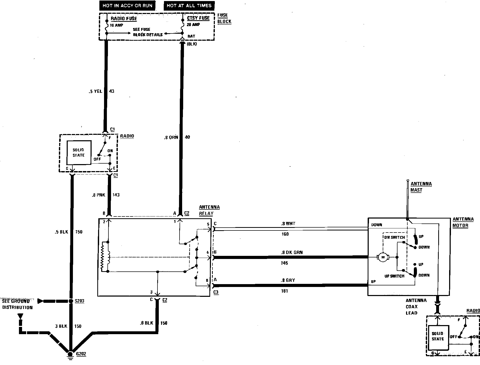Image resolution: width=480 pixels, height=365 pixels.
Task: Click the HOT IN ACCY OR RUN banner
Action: click(x=127, y=6)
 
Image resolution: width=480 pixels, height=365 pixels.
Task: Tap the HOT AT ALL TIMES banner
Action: click(x=189, y=6)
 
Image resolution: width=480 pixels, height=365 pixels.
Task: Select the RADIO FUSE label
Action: click(x=124, y=19)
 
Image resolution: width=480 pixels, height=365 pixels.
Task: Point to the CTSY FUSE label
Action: click(x=198, y=18)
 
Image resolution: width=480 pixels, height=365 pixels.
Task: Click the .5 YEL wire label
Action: click(x=95, y=91)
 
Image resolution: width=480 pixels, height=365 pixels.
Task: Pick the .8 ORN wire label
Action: click(x=171, y=137)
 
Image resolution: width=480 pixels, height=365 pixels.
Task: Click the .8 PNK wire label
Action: click(x=98, y=195)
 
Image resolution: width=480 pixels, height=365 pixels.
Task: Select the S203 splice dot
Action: click(x=71, y=301)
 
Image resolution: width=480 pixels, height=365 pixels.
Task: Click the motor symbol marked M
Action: click(x=383, y=257)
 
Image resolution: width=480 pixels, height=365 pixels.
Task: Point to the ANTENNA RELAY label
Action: click(x=209, y=210)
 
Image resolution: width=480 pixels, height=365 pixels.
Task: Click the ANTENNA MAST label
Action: click(x=421, y=187)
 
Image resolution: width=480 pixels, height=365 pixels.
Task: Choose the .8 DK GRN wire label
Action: click(x=292, y=252)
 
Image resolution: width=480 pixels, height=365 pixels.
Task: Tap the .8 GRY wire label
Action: click(x=288, y=280)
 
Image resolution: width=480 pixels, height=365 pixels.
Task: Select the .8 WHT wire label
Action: click(x=288, y=223)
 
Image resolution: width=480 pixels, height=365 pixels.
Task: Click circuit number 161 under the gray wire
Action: click(x=284, y=291)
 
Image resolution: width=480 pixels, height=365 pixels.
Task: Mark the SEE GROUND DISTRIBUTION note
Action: click(x=17, y=304)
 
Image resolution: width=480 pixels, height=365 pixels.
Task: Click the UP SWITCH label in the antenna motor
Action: click(x=394, y=276)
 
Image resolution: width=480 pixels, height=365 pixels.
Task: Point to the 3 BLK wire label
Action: click(x=61, y=326)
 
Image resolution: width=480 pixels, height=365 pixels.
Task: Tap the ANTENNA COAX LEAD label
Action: click(x=416, y=306)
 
